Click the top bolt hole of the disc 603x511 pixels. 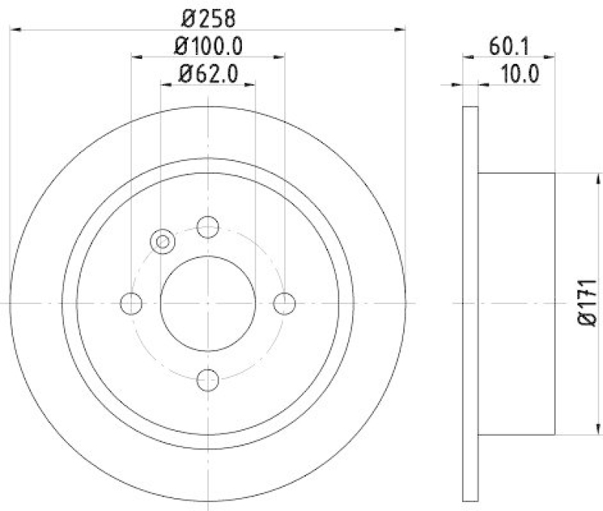point(207,226)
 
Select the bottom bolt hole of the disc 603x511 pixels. point(207,379)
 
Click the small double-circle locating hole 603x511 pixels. point(162,242)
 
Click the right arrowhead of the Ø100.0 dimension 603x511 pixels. point(280,55)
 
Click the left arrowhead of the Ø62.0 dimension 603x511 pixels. point(165,84)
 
